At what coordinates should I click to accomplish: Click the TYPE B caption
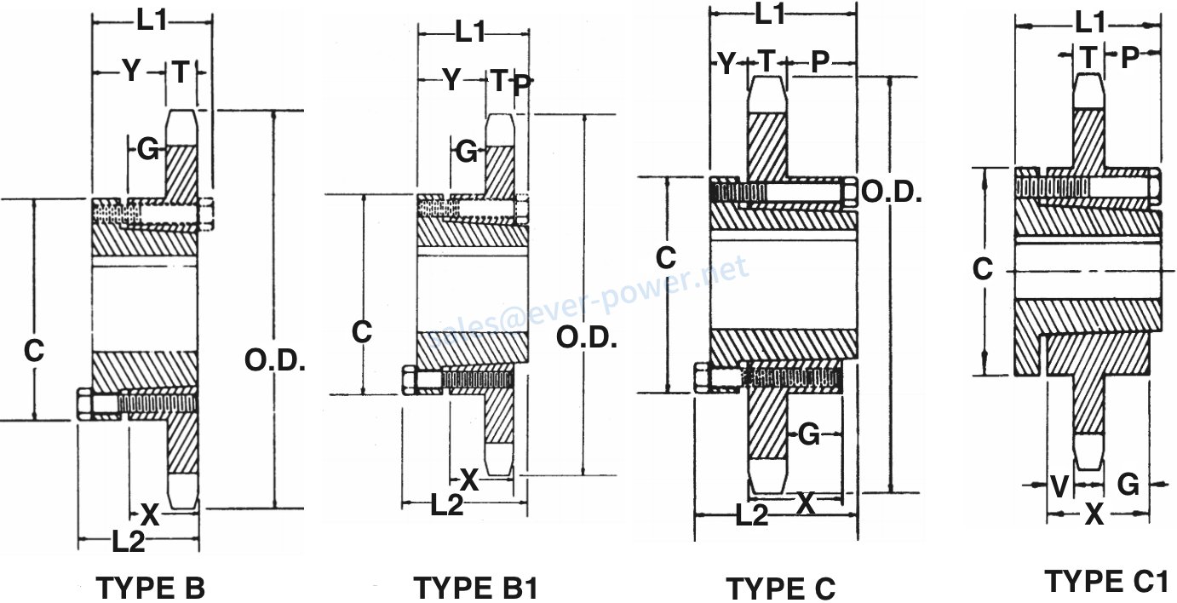pos(151,588)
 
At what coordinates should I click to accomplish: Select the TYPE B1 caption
pos(475,588)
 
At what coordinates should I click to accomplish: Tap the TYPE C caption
pos(780,588)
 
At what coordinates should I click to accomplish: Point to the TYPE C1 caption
pos(1105,582)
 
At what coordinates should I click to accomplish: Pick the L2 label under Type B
pos(128,542)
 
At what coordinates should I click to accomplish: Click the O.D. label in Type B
pos(275,361)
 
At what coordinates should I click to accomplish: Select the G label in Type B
pos(148,151)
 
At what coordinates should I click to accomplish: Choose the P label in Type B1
pos(523,84)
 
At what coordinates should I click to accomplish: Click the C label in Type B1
pos(361,331)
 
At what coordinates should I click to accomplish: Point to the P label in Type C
pos(820,61)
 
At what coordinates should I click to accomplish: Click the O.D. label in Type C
pos(892,192)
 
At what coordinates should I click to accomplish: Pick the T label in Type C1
pos(1088,57)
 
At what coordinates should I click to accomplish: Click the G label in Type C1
pos(1128,485)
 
